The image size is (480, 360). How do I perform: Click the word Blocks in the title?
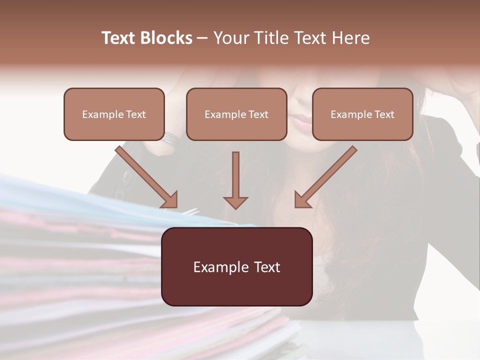pos(166,38)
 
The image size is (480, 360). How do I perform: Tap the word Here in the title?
pos(351,38)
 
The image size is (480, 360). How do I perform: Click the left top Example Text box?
pos(114,114)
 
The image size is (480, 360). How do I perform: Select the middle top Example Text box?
pos(236,114)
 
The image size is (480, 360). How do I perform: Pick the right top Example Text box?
pos(362,114)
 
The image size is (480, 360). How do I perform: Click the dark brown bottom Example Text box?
pos(237,267)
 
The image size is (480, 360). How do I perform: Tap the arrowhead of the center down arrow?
pos(235,202)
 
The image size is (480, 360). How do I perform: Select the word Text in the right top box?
pos(384,114)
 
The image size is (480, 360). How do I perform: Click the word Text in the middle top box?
pos(258,114)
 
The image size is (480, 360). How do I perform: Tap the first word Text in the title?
pos(120,38)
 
